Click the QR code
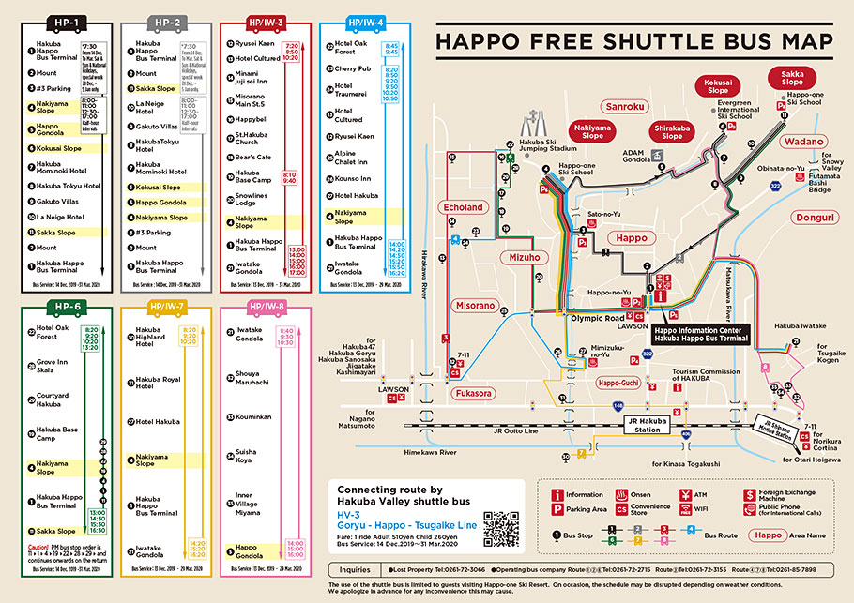(x=501, y=529)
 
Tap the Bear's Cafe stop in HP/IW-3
(x=252, y=157)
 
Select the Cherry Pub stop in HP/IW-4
(x=352, y=68)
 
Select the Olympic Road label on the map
(x=598, y=319)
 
